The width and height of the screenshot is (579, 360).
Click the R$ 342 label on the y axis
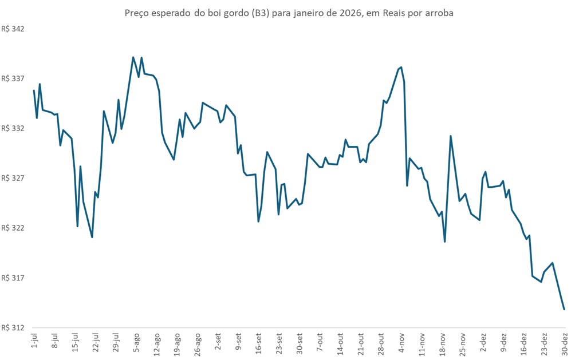pos(16,29)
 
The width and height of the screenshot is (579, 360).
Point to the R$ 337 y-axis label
pos(16,78)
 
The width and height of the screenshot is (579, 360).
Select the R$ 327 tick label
pos(16,178)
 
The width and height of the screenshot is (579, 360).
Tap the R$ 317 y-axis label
pos(16,278)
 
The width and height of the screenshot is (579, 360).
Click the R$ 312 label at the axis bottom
pos(16,327)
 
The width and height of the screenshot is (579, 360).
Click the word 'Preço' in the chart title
pos(137,13)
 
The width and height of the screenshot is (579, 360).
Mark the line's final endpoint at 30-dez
pos(565,310)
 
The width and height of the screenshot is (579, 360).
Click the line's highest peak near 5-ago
pos(133,57)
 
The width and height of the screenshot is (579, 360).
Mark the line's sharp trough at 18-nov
pos(445,242)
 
